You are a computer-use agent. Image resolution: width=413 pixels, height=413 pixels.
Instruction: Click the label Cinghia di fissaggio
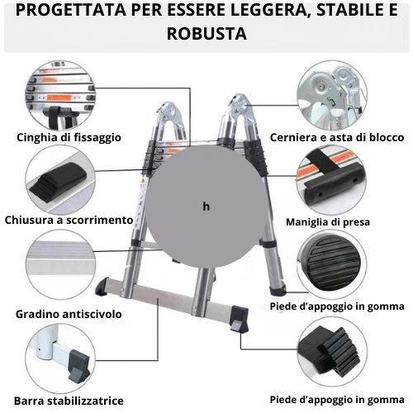69,136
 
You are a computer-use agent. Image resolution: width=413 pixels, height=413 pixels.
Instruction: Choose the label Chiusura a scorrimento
69,220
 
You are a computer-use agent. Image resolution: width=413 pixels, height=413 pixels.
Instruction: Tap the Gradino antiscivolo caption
69,314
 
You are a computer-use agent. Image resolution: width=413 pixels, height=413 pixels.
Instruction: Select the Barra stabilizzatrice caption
69,401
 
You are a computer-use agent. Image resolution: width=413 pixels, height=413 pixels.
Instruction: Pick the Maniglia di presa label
327,221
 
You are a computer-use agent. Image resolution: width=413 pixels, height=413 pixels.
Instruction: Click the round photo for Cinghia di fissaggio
57,93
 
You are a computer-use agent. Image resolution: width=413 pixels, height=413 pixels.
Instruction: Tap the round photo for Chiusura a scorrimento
57,178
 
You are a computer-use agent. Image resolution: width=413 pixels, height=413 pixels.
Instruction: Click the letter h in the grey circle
206,206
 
